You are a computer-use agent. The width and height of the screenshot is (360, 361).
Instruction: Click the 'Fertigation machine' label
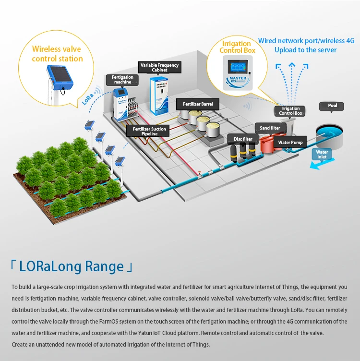pos(122,80)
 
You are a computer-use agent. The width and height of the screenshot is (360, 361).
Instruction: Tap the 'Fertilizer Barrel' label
pos(198,104)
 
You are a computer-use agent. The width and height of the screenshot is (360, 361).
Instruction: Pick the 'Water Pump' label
pos(290,143)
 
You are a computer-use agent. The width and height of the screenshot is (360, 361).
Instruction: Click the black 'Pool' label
pos(332,105)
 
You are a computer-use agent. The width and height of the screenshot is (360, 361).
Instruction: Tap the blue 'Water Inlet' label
pos(322,155)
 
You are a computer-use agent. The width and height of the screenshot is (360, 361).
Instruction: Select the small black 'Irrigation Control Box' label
pos(290,111)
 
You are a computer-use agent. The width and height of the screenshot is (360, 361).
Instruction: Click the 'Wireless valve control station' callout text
pos(57,54)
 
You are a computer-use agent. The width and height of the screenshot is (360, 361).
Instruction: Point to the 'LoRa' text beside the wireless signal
pos(88,98)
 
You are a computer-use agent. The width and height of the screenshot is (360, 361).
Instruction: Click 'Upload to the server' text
pos(305,50)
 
